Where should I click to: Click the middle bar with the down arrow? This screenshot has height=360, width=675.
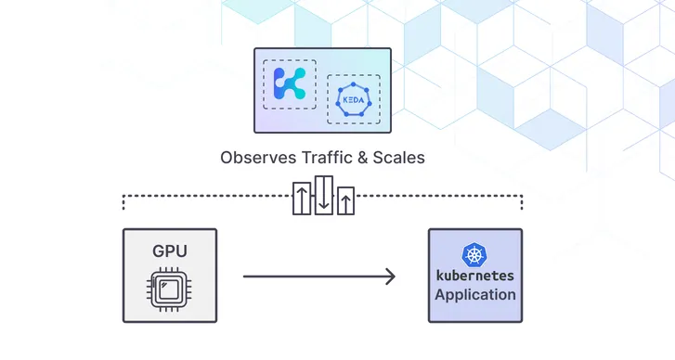323,195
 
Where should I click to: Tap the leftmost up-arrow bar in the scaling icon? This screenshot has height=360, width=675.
302,199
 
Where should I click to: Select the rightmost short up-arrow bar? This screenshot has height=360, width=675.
345,200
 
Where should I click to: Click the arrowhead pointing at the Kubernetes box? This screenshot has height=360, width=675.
391,276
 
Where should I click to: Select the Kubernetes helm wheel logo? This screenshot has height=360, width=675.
474,255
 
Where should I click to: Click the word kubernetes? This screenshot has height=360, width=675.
474,276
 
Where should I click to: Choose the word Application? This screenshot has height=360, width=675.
474,295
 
